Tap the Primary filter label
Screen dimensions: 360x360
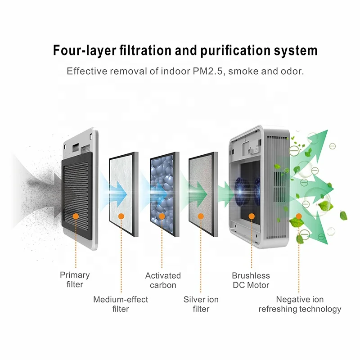(x=75, y=279)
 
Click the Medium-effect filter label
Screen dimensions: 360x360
(x=120, y=304)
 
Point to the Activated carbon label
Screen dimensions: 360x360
(x=162, y=280)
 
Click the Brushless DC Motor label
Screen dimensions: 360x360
(x=251, y=280)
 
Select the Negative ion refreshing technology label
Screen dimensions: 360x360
(x=299, y=304)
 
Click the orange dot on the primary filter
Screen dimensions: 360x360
(x=76, y=216)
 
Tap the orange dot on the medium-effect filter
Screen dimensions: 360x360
(x=120, y=216)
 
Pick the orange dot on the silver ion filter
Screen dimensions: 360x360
(x=203, y=216)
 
